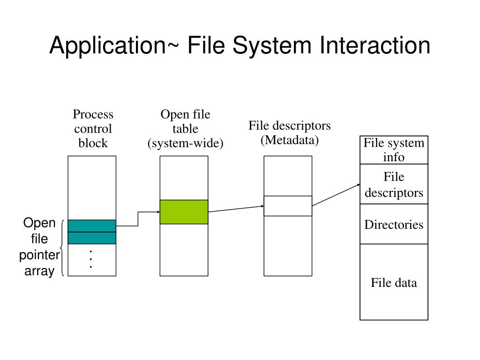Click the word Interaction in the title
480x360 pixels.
click(x=375, y=45)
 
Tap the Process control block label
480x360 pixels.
click(x=93, y=128)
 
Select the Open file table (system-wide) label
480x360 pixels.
click(x=185, y=128)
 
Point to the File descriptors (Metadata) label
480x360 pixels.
click(x=289, y=133)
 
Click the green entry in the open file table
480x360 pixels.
click(x=184, y=212)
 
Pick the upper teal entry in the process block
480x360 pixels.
click(x=92, y=226)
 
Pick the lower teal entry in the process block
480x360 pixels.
click(x=92, y=238)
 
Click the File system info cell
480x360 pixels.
click(x=394, y=150)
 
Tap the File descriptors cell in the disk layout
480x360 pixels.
click(x=394, y=184)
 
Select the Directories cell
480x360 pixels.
click(x=394, y=224)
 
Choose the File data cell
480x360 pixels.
click(x=394, y=282)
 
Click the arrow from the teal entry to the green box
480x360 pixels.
click(x=138, y=218)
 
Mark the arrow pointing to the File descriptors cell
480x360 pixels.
click(x=336, y=195)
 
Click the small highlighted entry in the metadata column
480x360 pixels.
click(x=288, y=206)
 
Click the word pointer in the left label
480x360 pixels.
click(x=39, y=255)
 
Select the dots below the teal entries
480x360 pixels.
click(x=91, y=259)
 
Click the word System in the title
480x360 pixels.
click(x=272, y=45)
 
